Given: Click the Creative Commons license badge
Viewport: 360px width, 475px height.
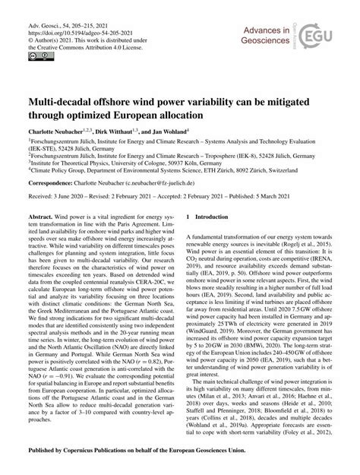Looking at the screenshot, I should point(36,55).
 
